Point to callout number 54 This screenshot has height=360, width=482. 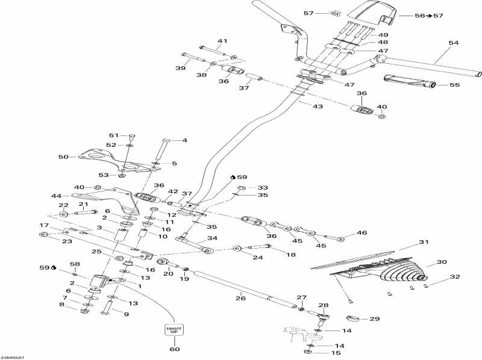click(x=454, y=43)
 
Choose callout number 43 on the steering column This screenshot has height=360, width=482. click(x=318, y=106)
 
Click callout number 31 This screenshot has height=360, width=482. click(x=423, y=242)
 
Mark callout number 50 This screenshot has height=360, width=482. click(x=63, y=157)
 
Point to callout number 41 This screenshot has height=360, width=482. click(x=222, y=41)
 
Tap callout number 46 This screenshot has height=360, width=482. click(x=361, y=232)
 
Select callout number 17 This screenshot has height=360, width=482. click(x=44, y=226)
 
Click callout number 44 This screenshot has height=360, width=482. click(x=56, y=196)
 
